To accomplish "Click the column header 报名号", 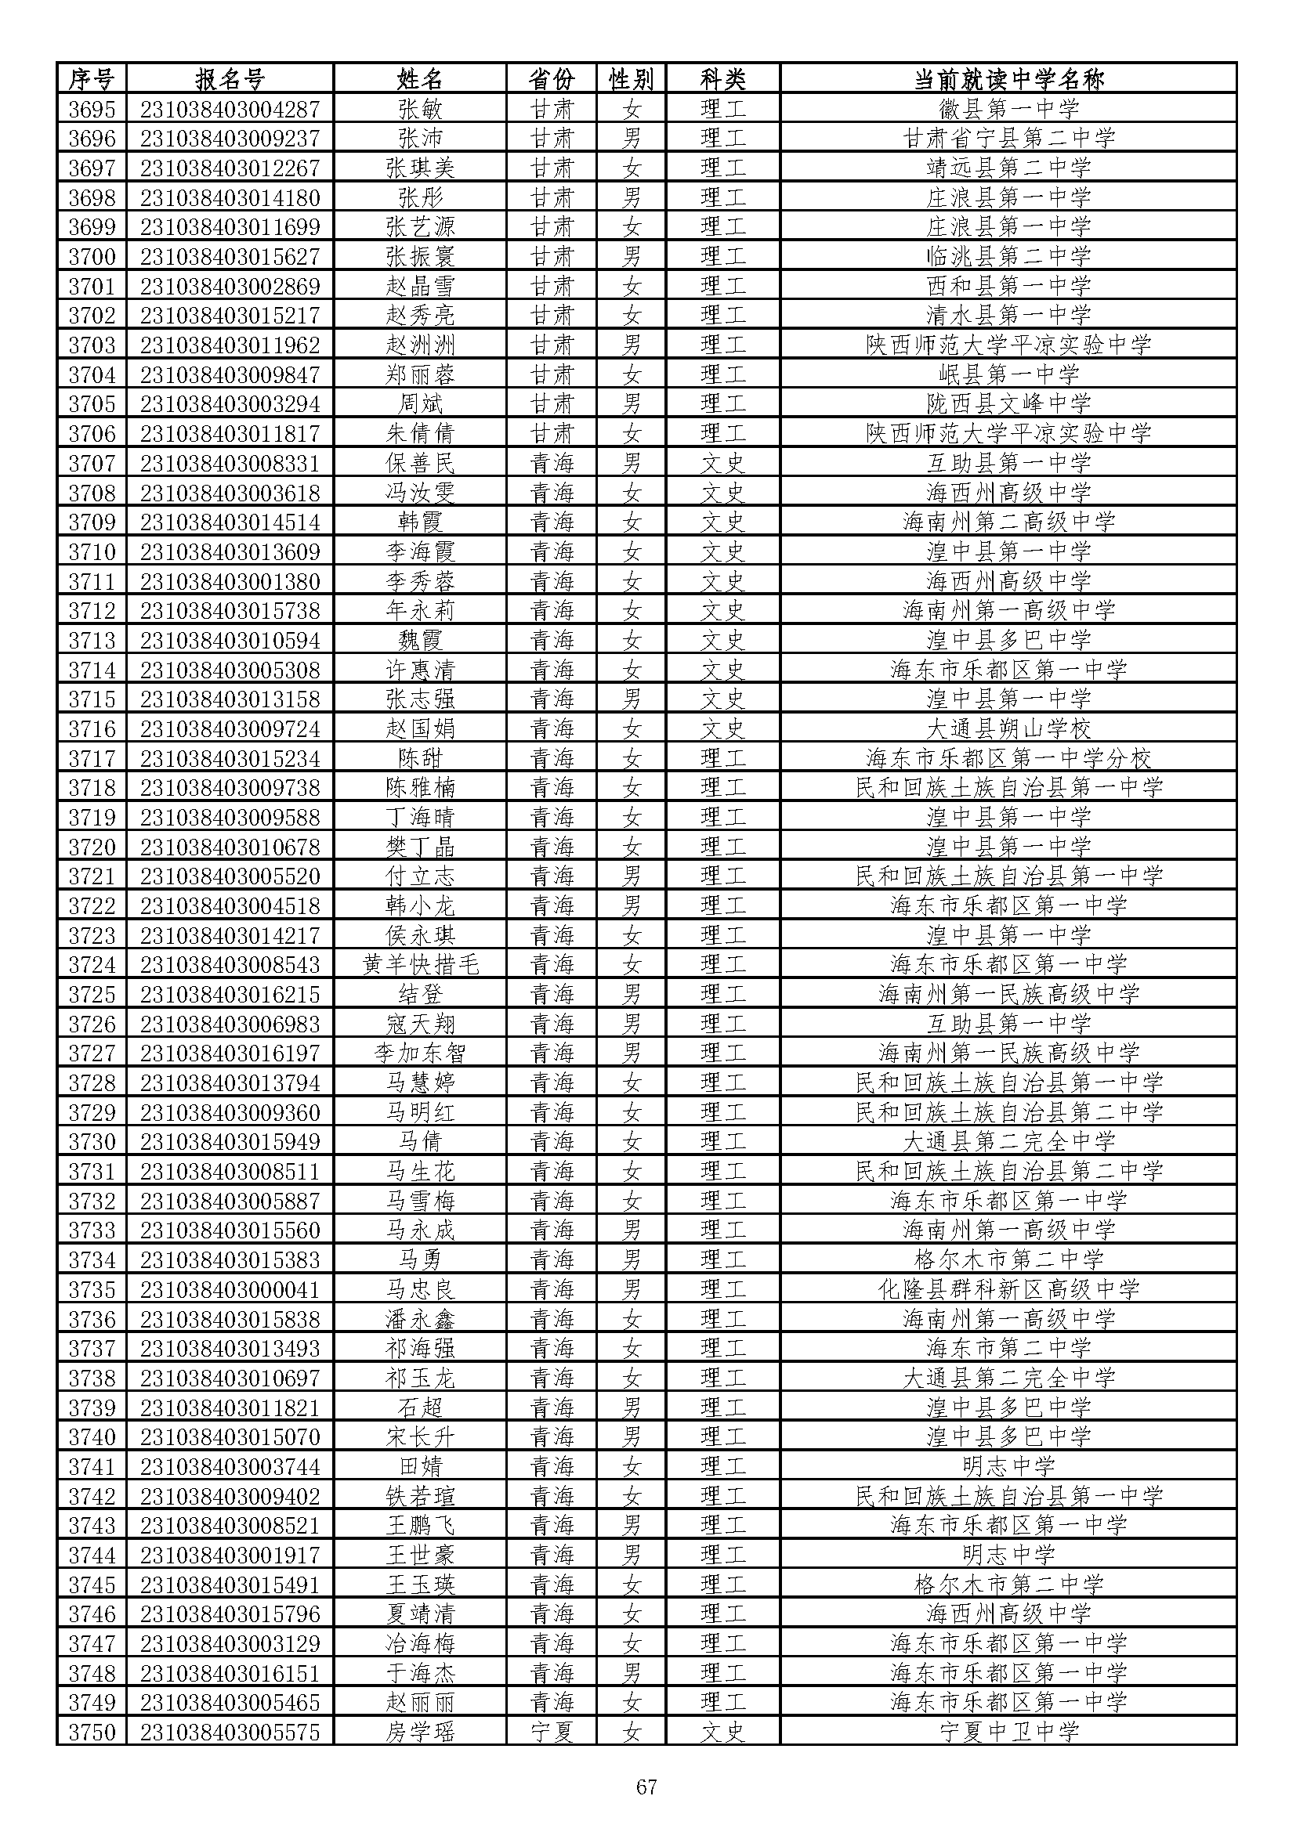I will coord(229,79).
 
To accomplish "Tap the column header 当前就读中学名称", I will coord(1008,79).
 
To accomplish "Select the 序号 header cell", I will coord(92,79).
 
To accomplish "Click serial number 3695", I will coord(92,109).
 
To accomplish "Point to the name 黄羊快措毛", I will coord(420,965).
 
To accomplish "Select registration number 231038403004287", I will coord(229,109).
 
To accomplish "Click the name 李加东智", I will coord(420,1053).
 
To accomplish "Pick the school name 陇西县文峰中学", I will coord(1008,403).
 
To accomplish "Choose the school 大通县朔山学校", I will coord(1008,728).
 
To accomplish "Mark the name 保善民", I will coord(420,463).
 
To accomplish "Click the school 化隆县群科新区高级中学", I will coord(1008,1289).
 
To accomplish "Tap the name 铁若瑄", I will coord(420,1496).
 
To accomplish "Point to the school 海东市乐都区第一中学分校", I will coord(1008,758).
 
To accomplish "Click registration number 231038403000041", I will coord(229,1289).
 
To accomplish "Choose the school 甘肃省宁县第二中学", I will coord(1008,138).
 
